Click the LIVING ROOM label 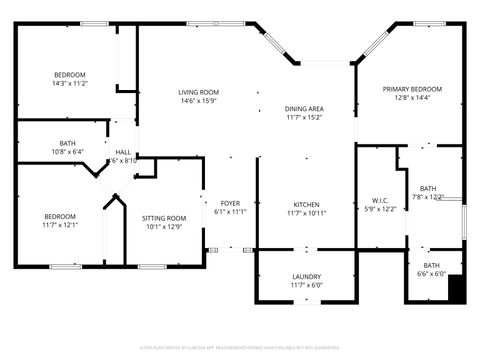pyautogui.click(x=199, y=92)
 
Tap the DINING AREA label pyautogui.click(x=304, y=108)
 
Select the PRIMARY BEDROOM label pyautogui.click(x=412, y=89)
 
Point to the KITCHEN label pyautogui.click(x=305, y=203)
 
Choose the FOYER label pyautogui.click(x=230, y=203)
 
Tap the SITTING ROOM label pyautogui.click(x=163, y=217)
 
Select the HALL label pyautogui.click(x=123, y=152)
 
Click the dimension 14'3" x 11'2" pyautogui.click(x=69, y=84)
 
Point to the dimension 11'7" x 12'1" pyautogui.click(x=60, y=225)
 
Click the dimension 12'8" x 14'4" pyautogui.click(x=412, y=98)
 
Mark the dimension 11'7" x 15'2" pyautogui.click(x=304, y=117)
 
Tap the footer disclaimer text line pyautogui.click(x=240, y=347)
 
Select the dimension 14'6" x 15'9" pyautogui.click(x=199, y=101)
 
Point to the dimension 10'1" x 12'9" pyautogui.click(x=163, y=226)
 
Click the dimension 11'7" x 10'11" pyautogui.click(x=305, y=212)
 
